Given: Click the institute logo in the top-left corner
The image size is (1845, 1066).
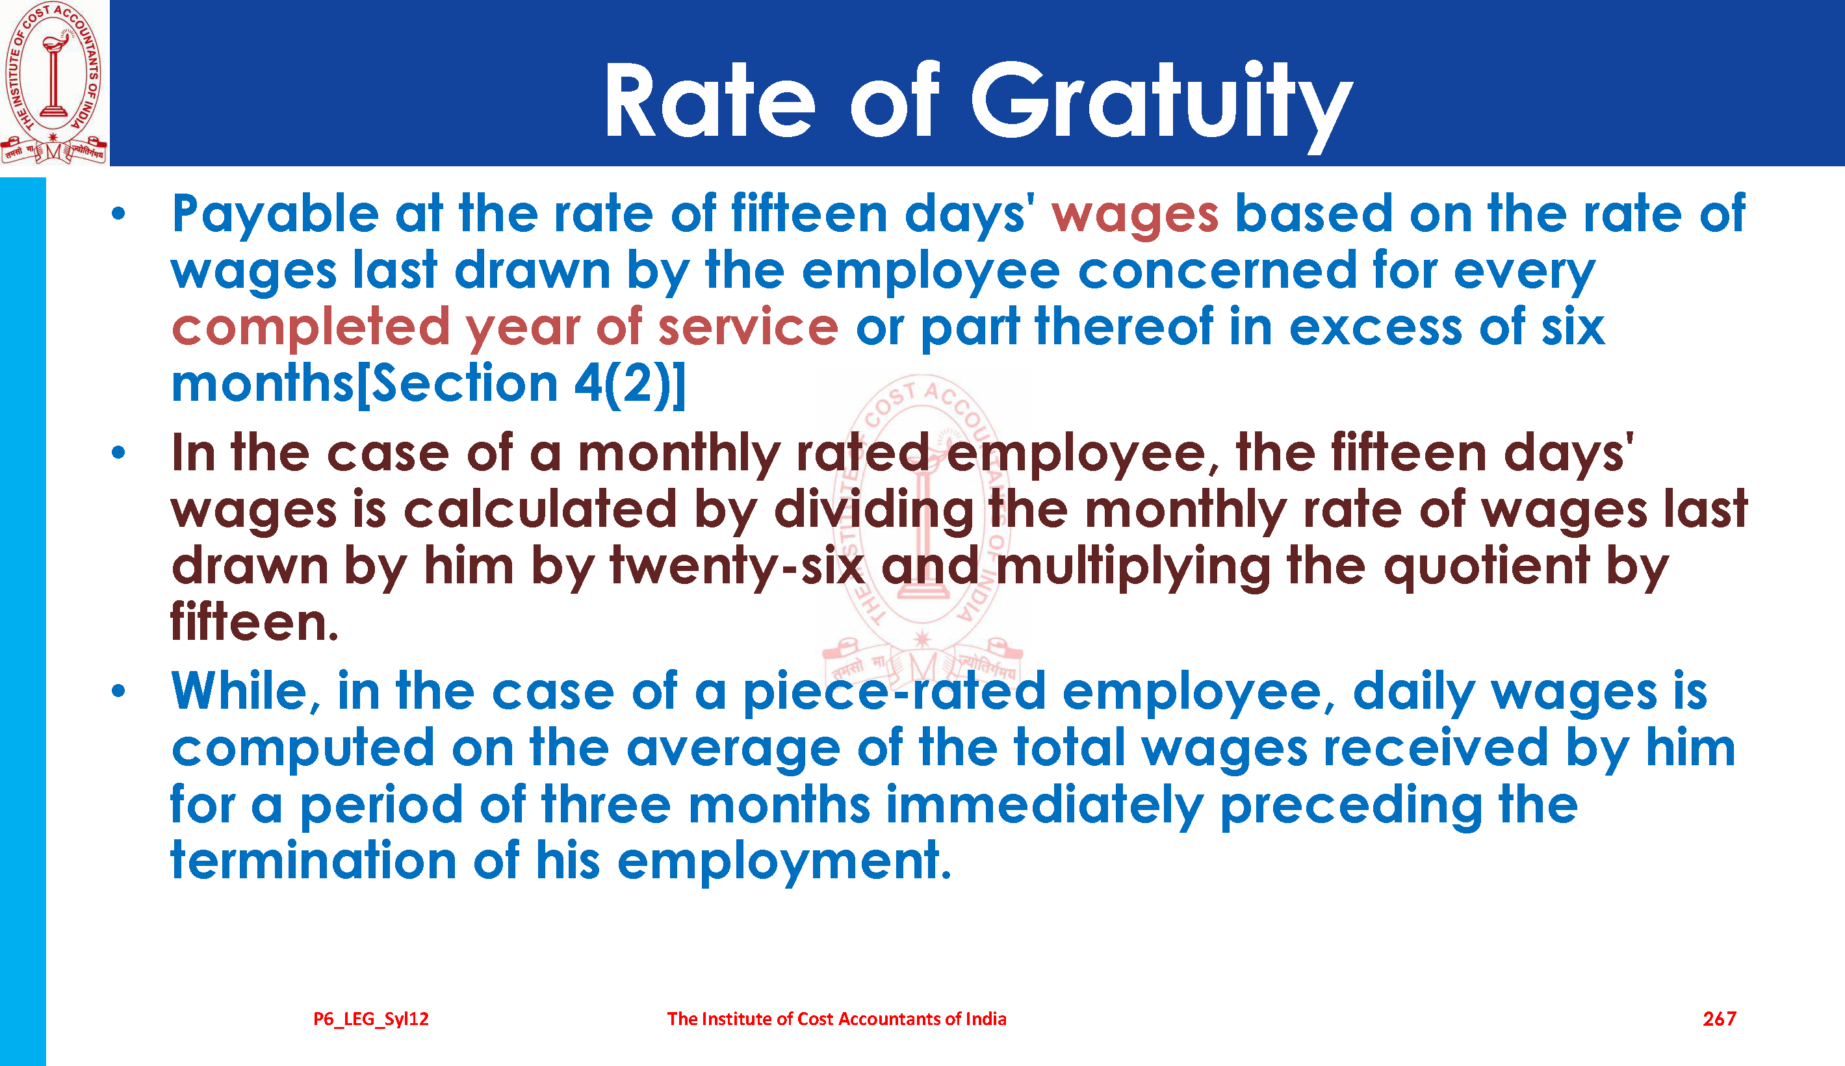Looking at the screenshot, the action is click(x=54, y=82).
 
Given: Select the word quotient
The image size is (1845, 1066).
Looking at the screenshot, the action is click(x=1486, y=568).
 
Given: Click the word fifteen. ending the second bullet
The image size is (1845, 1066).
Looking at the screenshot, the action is click(x=254, y=622).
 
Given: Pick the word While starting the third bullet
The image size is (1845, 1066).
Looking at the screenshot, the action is click(x=245, y=692).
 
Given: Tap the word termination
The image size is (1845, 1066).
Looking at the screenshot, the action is click(x=313, y=861).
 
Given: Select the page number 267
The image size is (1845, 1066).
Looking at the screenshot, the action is click(x=1719, y=1019).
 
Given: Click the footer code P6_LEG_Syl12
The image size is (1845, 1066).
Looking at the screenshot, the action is click(x=371, y=1019).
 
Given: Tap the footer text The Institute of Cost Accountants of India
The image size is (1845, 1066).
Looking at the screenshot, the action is click(x=836, y=1019).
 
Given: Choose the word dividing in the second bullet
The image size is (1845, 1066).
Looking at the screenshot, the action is click(x=874, y=511).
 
